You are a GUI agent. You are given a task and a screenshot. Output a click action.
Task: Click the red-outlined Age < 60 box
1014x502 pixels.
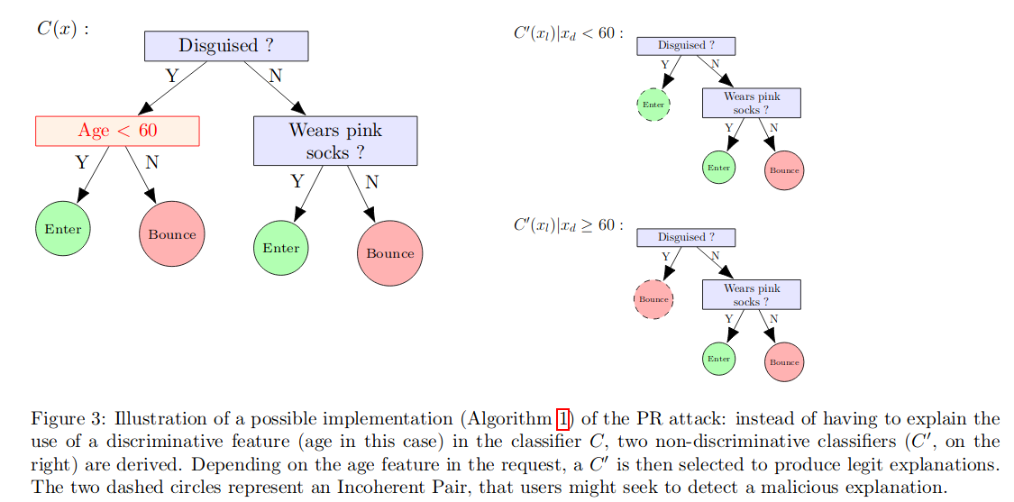[117, 131]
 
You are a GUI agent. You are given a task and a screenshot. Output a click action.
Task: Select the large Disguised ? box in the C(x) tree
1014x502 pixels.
[226, 46]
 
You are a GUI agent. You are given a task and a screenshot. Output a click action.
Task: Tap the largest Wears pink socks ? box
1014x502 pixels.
[335, 141]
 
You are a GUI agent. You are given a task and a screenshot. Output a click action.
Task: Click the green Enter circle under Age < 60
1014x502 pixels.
[63, 229]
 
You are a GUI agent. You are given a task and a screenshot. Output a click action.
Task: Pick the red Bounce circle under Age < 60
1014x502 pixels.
[172, 234]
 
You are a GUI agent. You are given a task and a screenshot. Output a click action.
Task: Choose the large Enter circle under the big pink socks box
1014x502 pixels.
[281, 248]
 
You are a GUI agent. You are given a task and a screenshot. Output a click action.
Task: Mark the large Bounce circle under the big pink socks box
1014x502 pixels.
[390, 253]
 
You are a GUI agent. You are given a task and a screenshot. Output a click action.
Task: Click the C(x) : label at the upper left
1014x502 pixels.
[62, 28]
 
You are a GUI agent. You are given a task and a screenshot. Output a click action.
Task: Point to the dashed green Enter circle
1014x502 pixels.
[653, 105]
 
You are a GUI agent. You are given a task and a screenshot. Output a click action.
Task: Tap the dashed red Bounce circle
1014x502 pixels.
[653, 299]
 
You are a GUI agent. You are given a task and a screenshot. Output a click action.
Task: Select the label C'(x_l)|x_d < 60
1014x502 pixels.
[567, 33]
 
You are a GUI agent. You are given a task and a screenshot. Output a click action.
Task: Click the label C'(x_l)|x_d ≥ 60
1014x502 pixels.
[567, 224]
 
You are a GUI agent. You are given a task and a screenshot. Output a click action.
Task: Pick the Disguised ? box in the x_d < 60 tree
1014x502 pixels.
[686, 46]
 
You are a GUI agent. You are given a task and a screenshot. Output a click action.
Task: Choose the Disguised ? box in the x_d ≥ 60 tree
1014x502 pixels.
[686, 238]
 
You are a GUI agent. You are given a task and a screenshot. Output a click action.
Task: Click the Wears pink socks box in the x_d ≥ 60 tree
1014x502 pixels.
[751, 296]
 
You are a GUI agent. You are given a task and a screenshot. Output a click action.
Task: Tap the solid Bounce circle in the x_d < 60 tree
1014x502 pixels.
[784, 170]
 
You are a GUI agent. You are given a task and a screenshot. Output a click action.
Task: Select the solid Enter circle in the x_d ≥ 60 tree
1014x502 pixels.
[718, 359]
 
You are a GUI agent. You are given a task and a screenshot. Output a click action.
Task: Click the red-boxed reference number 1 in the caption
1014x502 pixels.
[563, 419]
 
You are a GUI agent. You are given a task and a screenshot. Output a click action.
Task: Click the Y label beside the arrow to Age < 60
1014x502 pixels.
[171, 77]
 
